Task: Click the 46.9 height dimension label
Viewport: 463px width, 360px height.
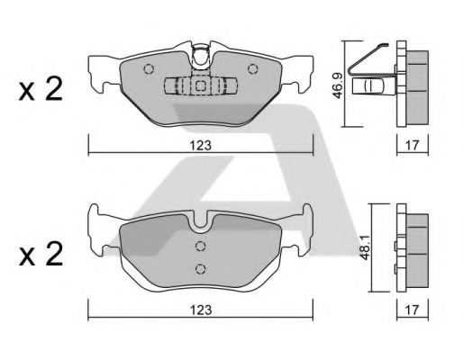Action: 338,87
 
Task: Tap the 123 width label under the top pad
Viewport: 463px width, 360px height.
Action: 201,146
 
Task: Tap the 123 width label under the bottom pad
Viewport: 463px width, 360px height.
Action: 201,310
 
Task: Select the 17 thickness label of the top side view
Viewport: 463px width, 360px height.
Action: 412,146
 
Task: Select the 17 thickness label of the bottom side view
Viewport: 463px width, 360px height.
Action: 412,310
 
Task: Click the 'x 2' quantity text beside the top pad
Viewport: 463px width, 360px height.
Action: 41,89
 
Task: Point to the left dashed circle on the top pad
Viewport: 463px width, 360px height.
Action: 149,69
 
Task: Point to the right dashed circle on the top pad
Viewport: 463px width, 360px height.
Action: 253,69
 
